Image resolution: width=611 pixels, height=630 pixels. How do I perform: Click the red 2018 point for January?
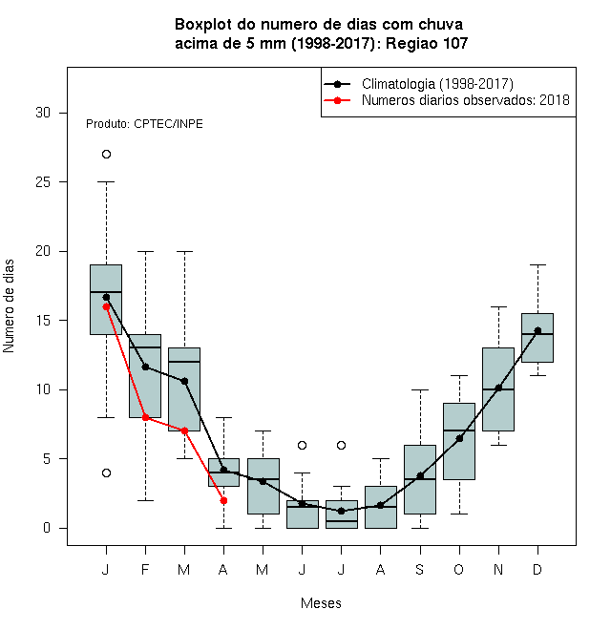point(106,306)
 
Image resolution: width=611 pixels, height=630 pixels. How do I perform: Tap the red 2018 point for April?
point(223,500)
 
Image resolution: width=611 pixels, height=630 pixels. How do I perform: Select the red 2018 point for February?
point(145,417)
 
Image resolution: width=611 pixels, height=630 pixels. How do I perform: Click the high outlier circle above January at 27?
point(106,155)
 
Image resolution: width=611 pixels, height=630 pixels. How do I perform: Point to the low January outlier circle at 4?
point(106,472)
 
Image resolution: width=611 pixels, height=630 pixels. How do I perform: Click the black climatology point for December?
point(537,330)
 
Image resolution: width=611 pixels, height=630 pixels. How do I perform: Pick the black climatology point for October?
point(459,438)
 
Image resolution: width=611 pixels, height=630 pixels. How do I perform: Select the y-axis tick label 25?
point(43,182)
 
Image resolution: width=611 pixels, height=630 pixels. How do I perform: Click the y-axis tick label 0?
point(47,528)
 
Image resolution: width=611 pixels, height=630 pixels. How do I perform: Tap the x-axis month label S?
point(420,569)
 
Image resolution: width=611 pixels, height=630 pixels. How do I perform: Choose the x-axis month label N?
point(498,569)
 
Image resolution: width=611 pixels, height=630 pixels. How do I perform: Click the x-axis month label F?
point(145,569)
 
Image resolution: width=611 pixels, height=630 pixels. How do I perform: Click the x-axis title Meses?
point(321,603)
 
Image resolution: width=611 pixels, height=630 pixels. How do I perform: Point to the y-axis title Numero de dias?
point(9,306)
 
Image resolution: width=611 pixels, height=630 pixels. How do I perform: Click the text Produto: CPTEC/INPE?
point(144,124)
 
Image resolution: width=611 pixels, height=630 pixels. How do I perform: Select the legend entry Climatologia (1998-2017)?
point(437,84)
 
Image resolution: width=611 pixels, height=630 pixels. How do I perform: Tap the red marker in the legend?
point(338,100)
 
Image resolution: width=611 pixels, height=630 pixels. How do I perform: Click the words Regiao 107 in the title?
point(427,43)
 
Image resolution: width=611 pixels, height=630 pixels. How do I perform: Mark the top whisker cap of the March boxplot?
point(184,251)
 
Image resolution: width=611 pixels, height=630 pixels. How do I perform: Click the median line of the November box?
point(498,389)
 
